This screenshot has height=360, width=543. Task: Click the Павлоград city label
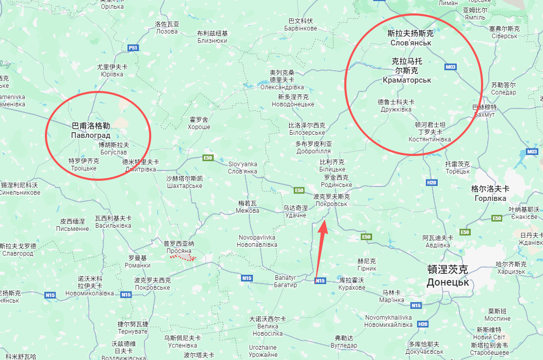[x=91, y=135]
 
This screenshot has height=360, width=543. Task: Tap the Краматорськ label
[x=407, y=80]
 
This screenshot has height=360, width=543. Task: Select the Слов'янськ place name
[x=411, y=42]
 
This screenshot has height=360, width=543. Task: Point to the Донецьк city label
[x=448, y=283]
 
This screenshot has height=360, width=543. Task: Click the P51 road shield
[x=134, y=48]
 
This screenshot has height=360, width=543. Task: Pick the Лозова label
[x=167, y=31]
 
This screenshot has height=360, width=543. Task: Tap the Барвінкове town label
[x=300, y=28]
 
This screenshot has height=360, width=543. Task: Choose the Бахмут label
[x=484, y=114]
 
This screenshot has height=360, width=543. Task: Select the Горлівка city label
[x=490, y=197]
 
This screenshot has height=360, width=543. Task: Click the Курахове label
[x=352, y=287]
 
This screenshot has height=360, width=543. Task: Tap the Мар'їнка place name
[x=391, y=300]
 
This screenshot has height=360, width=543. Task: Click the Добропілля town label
[x=314, y=151]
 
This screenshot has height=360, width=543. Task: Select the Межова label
[x=247, y=211]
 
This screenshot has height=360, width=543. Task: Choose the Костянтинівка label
[x=429, y=139]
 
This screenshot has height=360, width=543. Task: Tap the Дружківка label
[x=395, y=109]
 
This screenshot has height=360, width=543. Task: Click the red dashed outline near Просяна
[x=185, y=257]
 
